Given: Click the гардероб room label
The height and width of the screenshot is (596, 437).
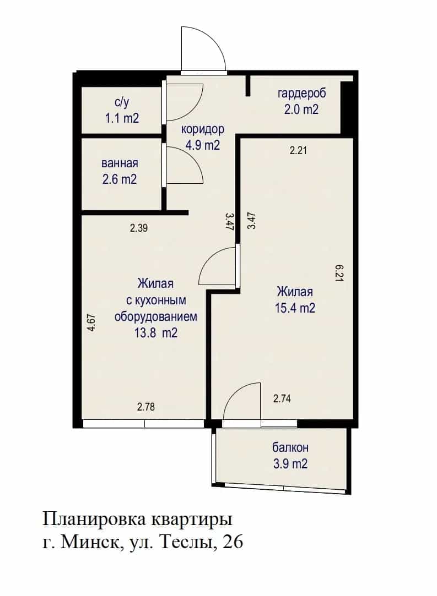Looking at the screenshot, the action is (x=301, y=94).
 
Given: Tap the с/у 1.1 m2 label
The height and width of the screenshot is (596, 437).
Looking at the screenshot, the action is (x=122, y=110).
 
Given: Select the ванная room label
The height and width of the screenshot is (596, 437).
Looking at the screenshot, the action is (x=120, y=163).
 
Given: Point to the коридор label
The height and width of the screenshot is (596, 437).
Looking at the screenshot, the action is (x=202, y=129).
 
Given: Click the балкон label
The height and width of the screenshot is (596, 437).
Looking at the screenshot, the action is (x=290, y=448).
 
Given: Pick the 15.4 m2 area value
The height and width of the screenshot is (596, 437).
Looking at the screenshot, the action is (x=295, y=308).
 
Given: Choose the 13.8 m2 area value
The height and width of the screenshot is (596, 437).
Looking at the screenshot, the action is (x=156, y=333).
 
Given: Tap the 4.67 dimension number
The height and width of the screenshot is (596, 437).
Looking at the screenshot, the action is (x=91, y=323).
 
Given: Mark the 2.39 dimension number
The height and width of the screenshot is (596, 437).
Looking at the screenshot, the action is (x=138, y=228).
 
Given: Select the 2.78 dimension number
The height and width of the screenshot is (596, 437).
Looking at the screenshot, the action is (x=146, y=407).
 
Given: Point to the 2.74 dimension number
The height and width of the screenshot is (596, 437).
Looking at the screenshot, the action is (x=282, y=399).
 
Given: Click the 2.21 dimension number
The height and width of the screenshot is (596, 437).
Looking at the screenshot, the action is (x=298, y=151).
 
